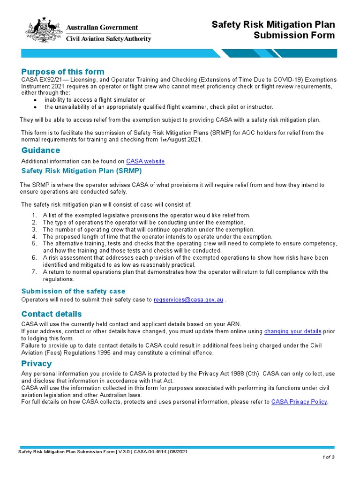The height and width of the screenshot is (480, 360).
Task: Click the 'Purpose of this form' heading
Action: coord(63,72)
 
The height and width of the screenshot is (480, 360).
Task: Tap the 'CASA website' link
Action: coord(145,161)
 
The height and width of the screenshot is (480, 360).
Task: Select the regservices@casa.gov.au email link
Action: coord(188,300)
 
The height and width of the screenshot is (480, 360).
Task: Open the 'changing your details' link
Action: coord(292,331)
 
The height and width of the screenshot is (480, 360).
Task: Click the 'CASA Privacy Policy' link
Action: coord(299,402)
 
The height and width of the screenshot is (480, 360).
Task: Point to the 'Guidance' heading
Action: coord(41,150)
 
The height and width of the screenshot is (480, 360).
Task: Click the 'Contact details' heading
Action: coord(52,314)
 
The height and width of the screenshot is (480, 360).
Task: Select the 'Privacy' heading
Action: coord(37,363)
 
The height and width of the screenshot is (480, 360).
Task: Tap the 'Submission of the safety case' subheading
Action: coord(74,291)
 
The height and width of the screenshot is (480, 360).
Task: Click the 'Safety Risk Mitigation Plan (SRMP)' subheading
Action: coord(82,171)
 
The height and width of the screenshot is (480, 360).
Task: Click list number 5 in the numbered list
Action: coord(34,244)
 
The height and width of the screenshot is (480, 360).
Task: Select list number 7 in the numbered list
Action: coord(34,272)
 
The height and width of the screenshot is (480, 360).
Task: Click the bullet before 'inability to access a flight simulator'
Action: coord(35,100)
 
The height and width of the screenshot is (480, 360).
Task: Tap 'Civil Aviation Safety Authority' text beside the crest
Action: coord(108,39)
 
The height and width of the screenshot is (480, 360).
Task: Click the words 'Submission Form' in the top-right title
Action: coord(294,36)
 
